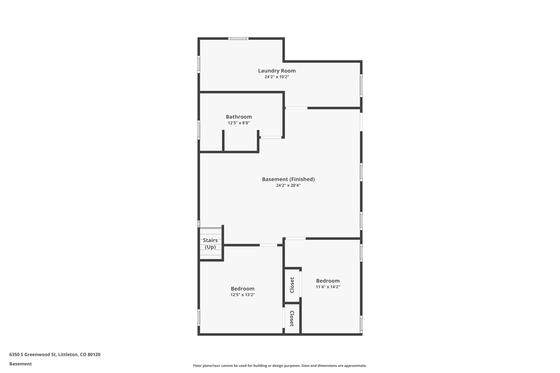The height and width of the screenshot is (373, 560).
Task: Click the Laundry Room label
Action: click(277, 71)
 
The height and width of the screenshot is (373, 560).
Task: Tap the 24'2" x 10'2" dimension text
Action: click(277, 77)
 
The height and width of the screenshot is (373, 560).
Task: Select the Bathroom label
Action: click(239, 117)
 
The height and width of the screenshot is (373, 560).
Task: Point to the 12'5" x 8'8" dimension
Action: click(239, 123)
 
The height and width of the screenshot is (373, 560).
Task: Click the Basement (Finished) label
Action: click(288, 179)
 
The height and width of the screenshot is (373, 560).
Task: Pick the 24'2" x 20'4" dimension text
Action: click(288, 186)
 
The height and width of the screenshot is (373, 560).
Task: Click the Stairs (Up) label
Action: click(210, 243)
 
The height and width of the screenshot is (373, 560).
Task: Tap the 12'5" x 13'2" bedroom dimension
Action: click(243, 295)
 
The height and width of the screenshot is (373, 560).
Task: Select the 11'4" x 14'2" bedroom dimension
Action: click(328, 287)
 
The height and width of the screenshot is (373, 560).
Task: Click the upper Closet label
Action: click(292, 285)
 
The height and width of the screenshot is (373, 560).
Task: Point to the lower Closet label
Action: click(292, 318)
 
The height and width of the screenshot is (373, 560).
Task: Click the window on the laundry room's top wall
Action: click(238, 39)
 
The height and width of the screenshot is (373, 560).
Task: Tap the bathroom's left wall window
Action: click(199, 130)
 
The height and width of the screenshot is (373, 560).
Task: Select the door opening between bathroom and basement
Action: click(271, 137)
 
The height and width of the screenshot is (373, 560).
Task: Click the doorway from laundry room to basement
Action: click(296, 108)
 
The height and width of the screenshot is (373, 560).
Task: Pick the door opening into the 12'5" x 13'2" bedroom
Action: click(268, 245)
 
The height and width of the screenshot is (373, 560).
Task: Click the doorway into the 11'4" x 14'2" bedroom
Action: click(296, 239)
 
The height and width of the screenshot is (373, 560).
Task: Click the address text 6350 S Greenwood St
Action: click(55, 354)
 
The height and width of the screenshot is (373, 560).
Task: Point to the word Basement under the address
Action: click(21, 364)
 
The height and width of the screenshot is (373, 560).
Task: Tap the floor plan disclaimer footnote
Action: click(280, 366)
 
